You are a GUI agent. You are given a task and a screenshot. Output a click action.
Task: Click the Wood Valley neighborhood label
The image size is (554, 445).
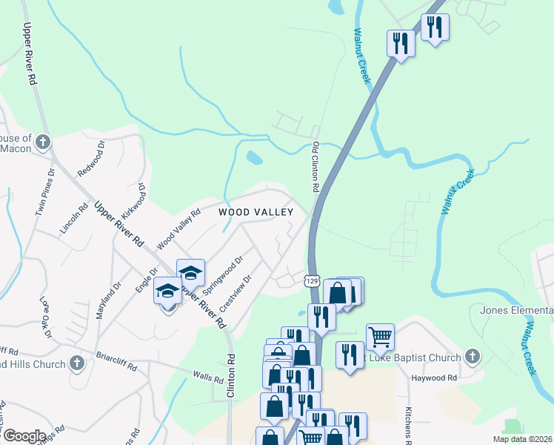256,212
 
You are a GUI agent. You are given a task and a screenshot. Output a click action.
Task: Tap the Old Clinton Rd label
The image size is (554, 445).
315,168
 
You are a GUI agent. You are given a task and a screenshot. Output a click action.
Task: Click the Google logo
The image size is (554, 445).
24,436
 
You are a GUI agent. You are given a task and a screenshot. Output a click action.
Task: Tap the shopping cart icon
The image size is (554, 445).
380,337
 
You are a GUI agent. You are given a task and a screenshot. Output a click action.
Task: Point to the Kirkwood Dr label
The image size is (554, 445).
137,198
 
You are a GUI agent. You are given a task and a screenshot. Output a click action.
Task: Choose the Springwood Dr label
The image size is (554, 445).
222,275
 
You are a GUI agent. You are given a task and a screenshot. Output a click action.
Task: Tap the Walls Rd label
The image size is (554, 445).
208,377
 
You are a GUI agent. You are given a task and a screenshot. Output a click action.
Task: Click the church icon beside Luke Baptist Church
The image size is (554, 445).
473,357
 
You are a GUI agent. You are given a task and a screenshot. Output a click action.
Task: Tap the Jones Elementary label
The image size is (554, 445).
516,309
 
